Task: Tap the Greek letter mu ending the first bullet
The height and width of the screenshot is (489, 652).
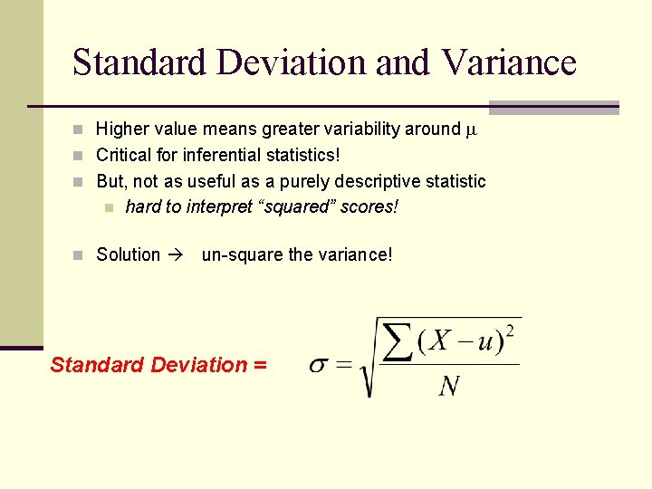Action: (x=469, y=129)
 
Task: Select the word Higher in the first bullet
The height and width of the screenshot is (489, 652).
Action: (x=123, y=129)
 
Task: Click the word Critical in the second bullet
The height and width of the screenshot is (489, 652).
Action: (x=124, y=156)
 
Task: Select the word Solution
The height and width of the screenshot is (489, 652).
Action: (x=129, y=254)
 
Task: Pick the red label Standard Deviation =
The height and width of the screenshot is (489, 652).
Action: (x=158, y=365)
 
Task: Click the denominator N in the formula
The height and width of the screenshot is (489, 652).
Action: (x=448, y=387)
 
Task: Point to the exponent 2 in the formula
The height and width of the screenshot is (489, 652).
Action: (x=510, y=331)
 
